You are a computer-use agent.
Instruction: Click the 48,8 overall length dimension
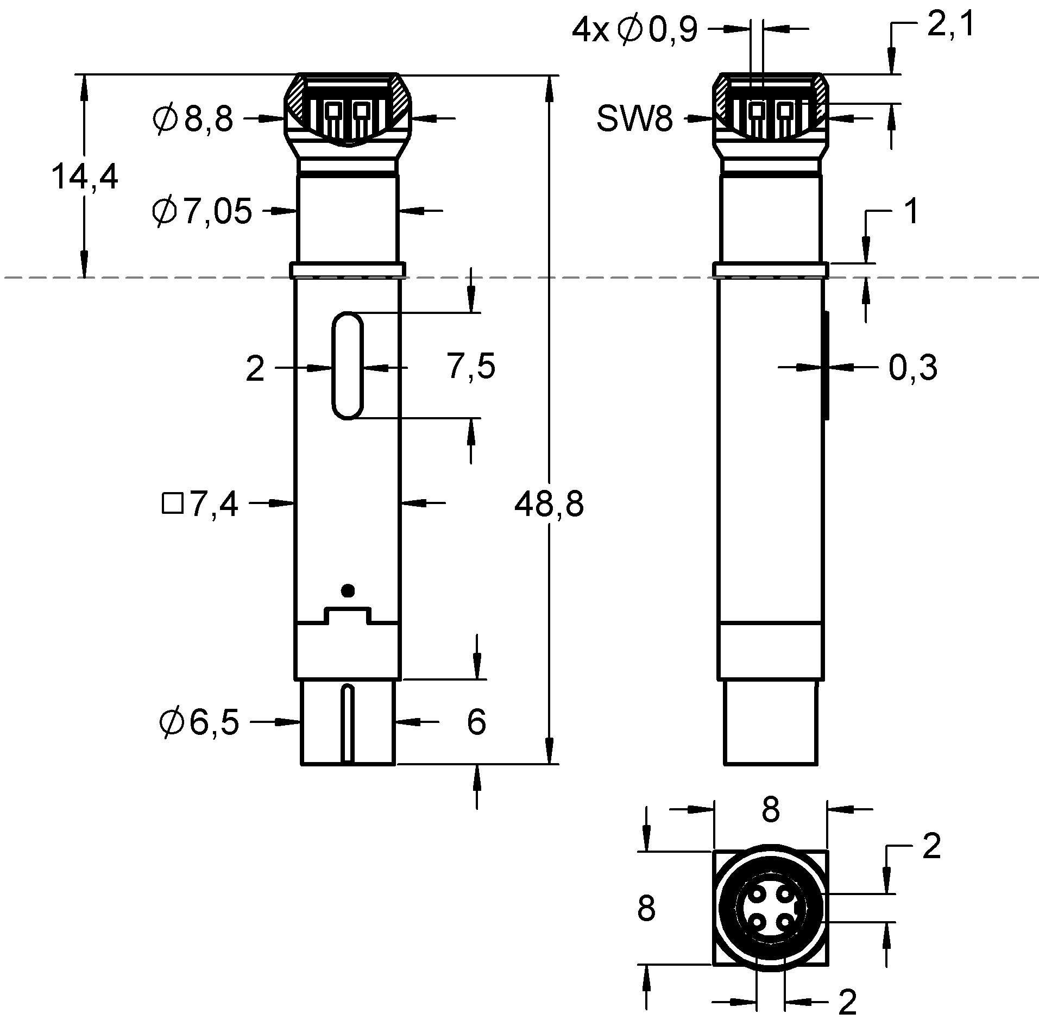tap(549, 504)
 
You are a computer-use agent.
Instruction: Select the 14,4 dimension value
tap(84, 177)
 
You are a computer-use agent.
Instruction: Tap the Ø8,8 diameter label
tap(193, 118)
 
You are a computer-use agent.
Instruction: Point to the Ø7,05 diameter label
tap(202, 211)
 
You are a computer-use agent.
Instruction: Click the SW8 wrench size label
tap(634, 118)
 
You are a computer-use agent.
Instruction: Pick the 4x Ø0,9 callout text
tap(634, 30)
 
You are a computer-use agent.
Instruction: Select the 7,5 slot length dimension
tap(471, 367)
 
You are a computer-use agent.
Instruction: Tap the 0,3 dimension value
tap(912, 368)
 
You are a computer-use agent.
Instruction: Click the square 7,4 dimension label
tap(200, 504)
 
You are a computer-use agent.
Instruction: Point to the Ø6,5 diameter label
tap(199, 722)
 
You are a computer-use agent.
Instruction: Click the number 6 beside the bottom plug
tap(476, 722)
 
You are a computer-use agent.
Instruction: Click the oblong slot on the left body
tap(348, 365)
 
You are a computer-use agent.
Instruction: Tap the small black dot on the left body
tap(348, 590)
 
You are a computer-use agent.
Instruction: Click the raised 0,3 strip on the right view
tap(826, 365)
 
